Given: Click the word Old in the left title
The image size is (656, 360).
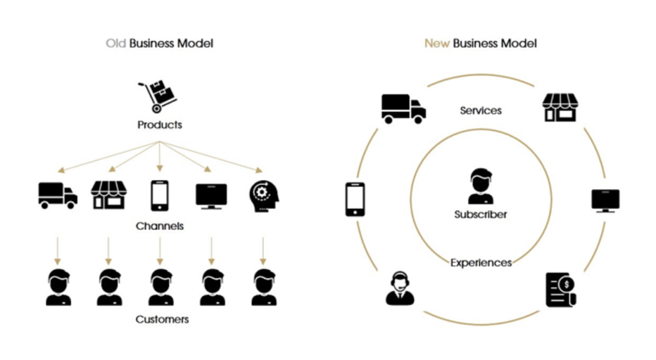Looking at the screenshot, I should coord(116,44).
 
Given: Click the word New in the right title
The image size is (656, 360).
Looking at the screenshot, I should coord(437,44).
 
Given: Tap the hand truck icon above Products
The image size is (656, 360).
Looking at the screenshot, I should coord(158,96).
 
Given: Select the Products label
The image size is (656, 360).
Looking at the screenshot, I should coord(160,125).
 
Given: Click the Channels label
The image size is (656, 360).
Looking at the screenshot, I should coord(160,226).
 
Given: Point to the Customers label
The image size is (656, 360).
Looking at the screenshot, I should coord(162,319).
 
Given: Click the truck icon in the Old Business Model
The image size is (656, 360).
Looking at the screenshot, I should coord(58,195).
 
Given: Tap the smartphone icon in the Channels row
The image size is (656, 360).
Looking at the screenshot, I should coord(160,195).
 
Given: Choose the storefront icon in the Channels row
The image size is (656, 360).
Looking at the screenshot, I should coord(109,195).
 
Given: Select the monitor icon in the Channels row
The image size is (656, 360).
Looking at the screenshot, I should coord(211,195).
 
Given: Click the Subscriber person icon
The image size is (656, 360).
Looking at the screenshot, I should coord(480,186).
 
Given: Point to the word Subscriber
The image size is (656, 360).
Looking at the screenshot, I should coord(480,215).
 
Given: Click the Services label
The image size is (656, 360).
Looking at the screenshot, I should coord(481,111).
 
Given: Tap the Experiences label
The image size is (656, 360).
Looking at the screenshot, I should coord(481,263).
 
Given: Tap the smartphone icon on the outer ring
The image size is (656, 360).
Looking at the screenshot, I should coord(355,199).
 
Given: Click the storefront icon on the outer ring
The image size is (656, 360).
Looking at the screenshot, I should coord(560,108).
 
